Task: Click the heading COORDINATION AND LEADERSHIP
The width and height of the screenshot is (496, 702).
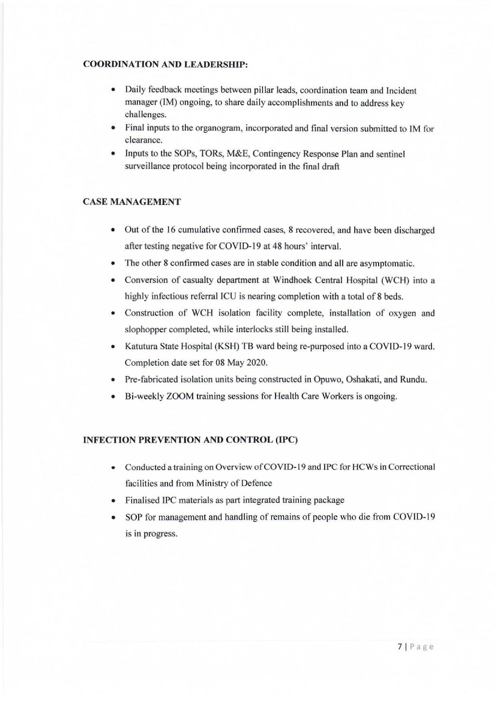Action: tap(165, 65)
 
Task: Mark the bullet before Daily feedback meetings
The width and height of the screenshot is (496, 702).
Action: tap(114, 91)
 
